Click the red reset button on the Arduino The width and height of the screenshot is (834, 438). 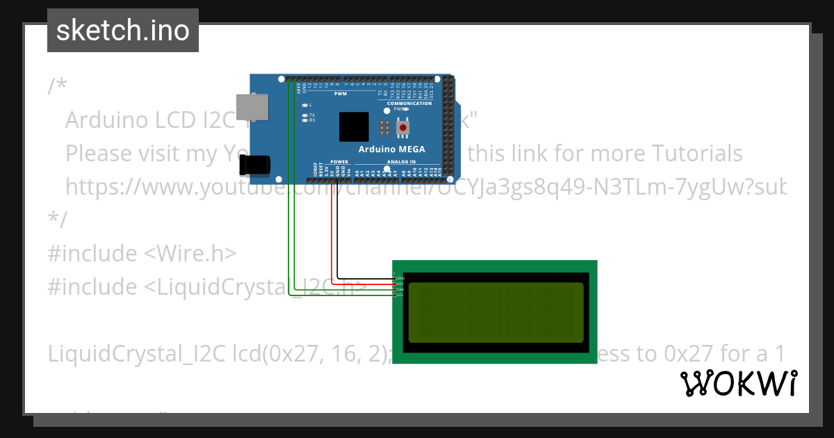[x=402, y=128]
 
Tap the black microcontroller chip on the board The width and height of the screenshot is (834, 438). [x=354, y=127]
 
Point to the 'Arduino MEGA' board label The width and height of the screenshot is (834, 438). [x=391, y=149]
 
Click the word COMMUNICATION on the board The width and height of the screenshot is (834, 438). [x=409, y=104]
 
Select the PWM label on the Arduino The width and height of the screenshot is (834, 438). [x=341, y=92]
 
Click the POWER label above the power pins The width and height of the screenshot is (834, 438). [x=339, y=161]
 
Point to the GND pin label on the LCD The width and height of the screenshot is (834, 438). [x=400, y=278]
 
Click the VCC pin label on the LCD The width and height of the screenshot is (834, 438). [x=400, y=284]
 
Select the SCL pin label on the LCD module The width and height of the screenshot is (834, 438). [x=400, y=295]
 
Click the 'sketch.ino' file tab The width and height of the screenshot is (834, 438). [x=123, y=31]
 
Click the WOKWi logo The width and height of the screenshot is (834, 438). [x=738, y=383]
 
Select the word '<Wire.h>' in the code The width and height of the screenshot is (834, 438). [x=190, y=253]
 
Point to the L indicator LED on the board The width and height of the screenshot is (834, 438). [x=305, y=105]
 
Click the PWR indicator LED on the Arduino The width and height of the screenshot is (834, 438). [x=407, y=109]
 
